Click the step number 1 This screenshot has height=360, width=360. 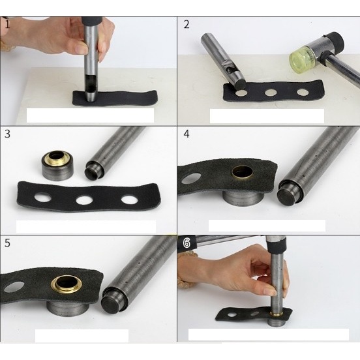pyautogui.click(x=7, y=24)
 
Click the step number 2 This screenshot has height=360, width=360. pyautogui.click(x=187, y=25)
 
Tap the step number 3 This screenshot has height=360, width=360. pyautogui.click(x=7, y=134)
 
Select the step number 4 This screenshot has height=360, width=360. pyautogui.click(x=187, y=134)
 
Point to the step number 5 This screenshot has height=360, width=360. pyautogui.click(x=7, y=243)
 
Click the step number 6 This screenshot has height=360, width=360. pyautogui.click(x=187, y=243)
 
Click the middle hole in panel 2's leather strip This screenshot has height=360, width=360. pyautogui.click(x=271, y=93)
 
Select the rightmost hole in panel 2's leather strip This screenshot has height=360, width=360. pyautogui.click(x=303, y=93)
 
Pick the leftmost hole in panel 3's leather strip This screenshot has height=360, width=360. pyautogui.click(x=43, y=197)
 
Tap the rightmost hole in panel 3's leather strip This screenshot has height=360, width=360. pyautogui.click(x=130, y=200)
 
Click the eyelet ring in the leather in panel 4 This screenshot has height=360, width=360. pyautogui.click(x=243, y=173)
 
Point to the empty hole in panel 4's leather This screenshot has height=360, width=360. pyautogui.click(x=191, y=179)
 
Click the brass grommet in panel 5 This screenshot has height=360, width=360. pyautogui.click(x=67, y=284)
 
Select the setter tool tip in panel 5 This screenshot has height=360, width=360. pyautogui.click(x=112, y=303)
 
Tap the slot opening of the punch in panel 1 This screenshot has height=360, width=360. pyautogui.click(x=90, y=83)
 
